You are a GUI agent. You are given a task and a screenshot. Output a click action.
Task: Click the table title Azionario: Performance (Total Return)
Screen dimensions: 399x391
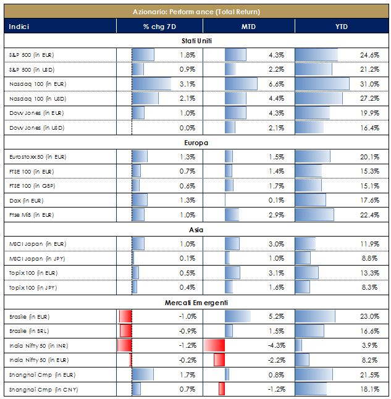click(196, 12)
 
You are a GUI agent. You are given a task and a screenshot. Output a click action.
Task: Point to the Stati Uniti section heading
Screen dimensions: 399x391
click(196, 41)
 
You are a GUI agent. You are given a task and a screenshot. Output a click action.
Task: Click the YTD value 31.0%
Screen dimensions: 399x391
click(369, 84)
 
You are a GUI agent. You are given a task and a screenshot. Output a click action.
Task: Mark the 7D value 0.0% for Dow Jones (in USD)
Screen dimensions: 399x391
click(187, 128)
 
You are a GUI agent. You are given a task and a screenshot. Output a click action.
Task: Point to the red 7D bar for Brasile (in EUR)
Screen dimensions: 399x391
click(125, 317)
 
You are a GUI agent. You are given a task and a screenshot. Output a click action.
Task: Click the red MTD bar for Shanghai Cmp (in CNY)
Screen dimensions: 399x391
click(221, 389)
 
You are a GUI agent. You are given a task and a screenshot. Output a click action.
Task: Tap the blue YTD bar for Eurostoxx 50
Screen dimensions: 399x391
click(313, 157)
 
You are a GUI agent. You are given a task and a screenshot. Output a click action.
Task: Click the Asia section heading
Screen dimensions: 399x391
click(196, 230)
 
